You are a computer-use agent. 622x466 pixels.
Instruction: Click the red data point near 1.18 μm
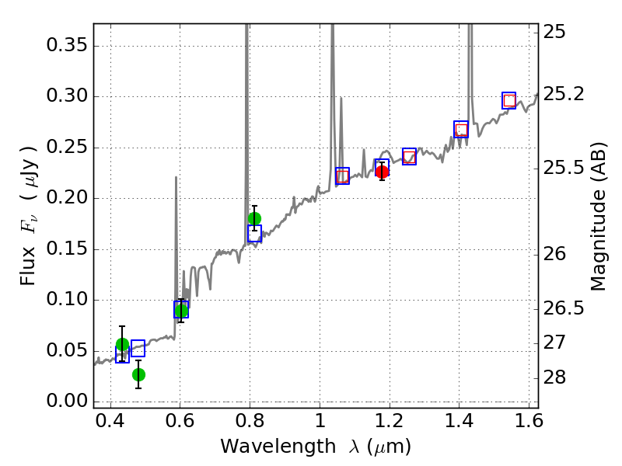click(382, 172)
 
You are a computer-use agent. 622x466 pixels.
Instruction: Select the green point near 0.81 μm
click(254, 218)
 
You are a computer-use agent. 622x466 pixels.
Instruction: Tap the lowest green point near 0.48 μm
click(138, 374)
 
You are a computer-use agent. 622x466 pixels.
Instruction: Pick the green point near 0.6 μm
click(181, 311)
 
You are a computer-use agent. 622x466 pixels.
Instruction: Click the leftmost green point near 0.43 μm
click(122, 344)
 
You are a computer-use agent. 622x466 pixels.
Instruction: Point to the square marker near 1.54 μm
click(509, 100)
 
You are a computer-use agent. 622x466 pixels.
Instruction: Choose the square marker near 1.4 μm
click(461, 130)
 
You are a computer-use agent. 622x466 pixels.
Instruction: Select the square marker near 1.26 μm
click(409, 156)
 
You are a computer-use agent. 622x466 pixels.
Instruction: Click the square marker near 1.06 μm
click(342, 176)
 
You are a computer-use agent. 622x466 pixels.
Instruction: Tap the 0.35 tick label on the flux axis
click(65, 46)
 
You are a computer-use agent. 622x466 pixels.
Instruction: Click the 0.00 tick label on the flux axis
click(65, 402)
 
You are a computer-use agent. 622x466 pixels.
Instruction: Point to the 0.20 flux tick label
click(65, 198)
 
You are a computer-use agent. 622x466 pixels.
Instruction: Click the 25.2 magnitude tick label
click(564, 93)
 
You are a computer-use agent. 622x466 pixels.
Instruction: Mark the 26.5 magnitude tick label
click(564, 308)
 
